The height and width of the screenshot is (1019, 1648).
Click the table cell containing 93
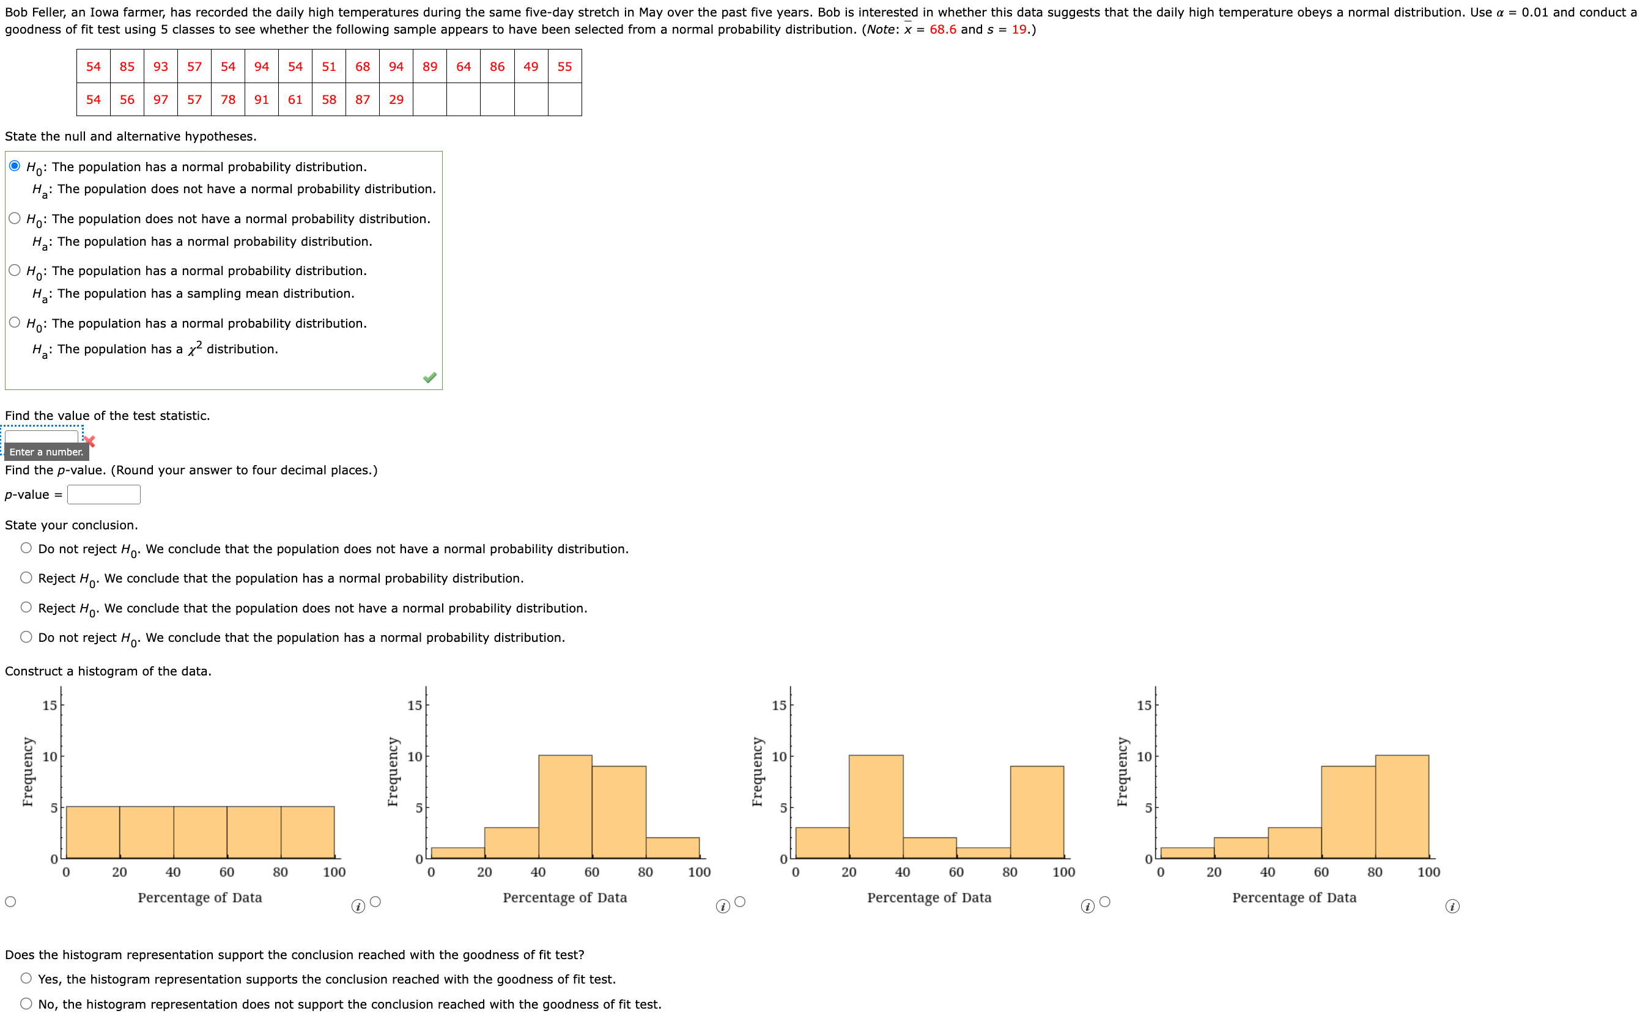(x=160, y=66)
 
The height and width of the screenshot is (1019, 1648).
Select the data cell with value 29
(x=396, y=100)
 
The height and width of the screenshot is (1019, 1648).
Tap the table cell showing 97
(x=160, y=100)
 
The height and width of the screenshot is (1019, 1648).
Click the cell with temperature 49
(x=531, y=66)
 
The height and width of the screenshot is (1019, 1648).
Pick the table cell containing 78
(x=228, y=100)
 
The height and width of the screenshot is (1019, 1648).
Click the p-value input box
(x=104, y=495)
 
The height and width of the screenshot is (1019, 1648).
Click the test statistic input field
(x=41, y=436)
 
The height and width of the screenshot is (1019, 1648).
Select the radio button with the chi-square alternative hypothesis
(x=15, y=322)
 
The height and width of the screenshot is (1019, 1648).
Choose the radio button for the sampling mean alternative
(x=15, y=270)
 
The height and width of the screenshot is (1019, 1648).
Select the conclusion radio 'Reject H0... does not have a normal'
(x=26, y=607)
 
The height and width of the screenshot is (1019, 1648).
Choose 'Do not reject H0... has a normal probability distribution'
(x=26, y=637)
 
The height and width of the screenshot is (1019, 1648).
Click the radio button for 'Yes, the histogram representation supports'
(x=26, y=978)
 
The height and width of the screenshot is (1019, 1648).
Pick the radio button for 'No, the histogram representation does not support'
(x=26, y=1004)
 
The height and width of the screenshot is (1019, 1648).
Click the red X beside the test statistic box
(x=89, y=441)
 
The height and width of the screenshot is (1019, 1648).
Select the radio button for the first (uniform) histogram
(x=10, y=902)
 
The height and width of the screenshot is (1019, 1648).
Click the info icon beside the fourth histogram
(x=1452, y=907)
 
